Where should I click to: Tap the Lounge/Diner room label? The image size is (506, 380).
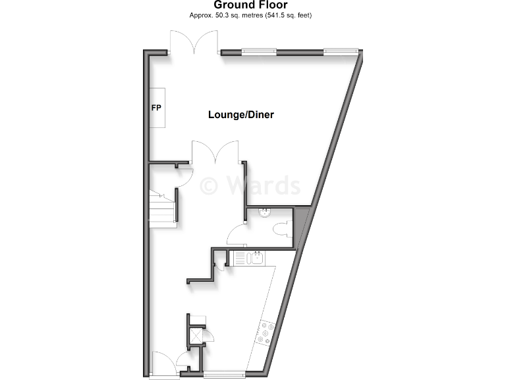click(240, 115)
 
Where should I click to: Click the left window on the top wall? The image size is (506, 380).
click(259, 51)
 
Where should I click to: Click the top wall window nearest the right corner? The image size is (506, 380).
click(341, 51)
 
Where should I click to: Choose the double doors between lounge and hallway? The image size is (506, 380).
click(215, 153)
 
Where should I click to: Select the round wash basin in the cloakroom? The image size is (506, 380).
click(265, 212)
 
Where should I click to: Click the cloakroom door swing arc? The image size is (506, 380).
click(235, 234)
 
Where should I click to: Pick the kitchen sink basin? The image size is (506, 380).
click(256, 257)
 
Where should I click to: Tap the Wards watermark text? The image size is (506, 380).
click(250, 185)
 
